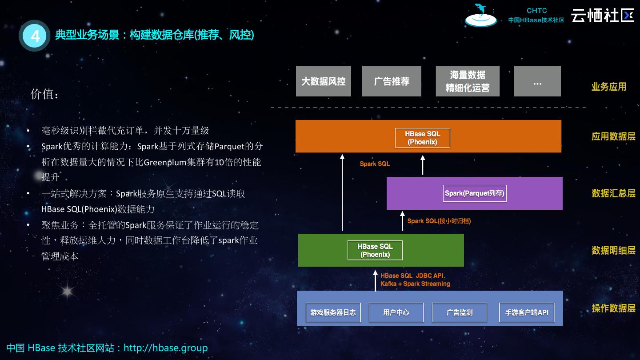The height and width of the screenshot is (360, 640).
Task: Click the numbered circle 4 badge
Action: coord(35,36)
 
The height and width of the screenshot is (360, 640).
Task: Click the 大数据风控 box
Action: coord(324,81)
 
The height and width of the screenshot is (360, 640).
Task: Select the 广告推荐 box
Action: coord(392,81)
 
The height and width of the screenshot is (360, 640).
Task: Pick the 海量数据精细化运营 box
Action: coord(468,81)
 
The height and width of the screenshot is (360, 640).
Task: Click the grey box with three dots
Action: coord(537,81)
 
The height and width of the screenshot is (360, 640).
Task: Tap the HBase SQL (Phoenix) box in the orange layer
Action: coord(422,138)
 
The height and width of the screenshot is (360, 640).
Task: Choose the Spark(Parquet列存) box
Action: coord(475,193)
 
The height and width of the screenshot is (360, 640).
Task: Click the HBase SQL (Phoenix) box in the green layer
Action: coord(375,250)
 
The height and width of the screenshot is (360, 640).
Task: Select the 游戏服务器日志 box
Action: coord(333,312)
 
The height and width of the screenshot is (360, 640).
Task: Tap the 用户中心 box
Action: coord(396,312)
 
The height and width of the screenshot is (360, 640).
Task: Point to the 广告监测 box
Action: coord(460,312)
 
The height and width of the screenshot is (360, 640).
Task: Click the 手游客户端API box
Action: coord(527,312)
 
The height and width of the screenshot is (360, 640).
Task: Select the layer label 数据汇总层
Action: coord(613,193)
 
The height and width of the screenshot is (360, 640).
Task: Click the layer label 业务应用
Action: coord(608,87)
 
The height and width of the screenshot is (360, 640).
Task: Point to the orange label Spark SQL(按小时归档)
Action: coord(439,221)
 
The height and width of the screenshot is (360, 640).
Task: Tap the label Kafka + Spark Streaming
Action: coord(415,284)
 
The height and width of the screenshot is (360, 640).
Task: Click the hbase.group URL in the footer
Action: coord(165,348)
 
